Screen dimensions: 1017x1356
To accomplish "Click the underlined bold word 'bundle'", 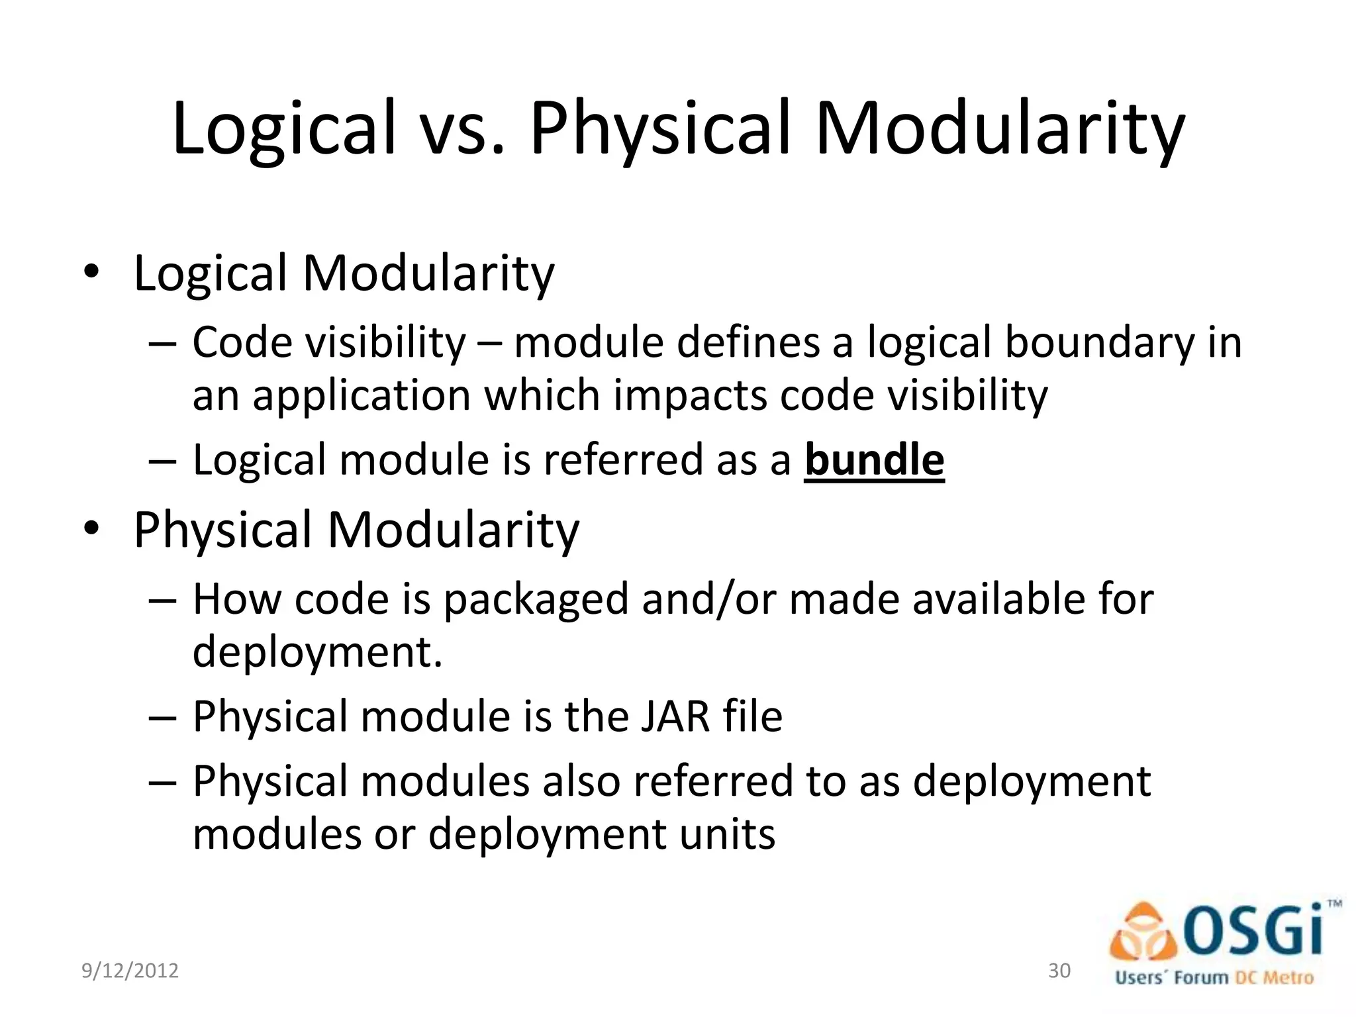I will [x=874, y=460].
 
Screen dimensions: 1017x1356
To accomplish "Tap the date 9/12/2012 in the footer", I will [x=130, y=971].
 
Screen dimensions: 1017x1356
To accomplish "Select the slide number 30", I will [x=1059, y=971].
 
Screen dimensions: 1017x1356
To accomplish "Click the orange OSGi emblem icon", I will [x=1143, y=934].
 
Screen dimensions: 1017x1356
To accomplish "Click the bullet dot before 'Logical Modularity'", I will [x=91, y=273].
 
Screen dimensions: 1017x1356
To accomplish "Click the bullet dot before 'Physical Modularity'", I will [x=91, y=530].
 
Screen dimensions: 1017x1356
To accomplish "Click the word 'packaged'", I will [x=535, y=599].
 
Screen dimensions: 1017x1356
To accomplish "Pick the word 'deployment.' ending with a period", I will [x=317, y=652].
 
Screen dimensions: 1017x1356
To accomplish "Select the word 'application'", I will [x=361, y=395].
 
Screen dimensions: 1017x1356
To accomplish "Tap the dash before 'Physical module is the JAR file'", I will [x=162, y=718].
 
